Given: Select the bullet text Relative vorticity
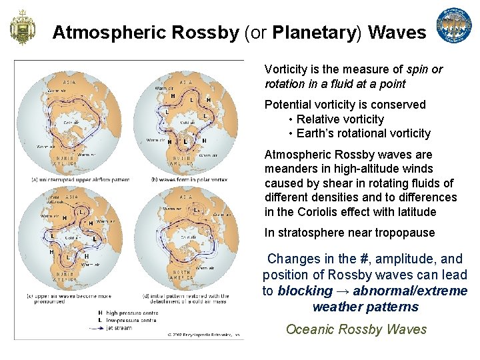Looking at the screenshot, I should point(340,119).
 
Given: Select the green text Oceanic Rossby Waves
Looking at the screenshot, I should point(356,329).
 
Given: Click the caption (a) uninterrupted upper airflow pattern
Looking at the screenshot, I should point(71,179).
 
